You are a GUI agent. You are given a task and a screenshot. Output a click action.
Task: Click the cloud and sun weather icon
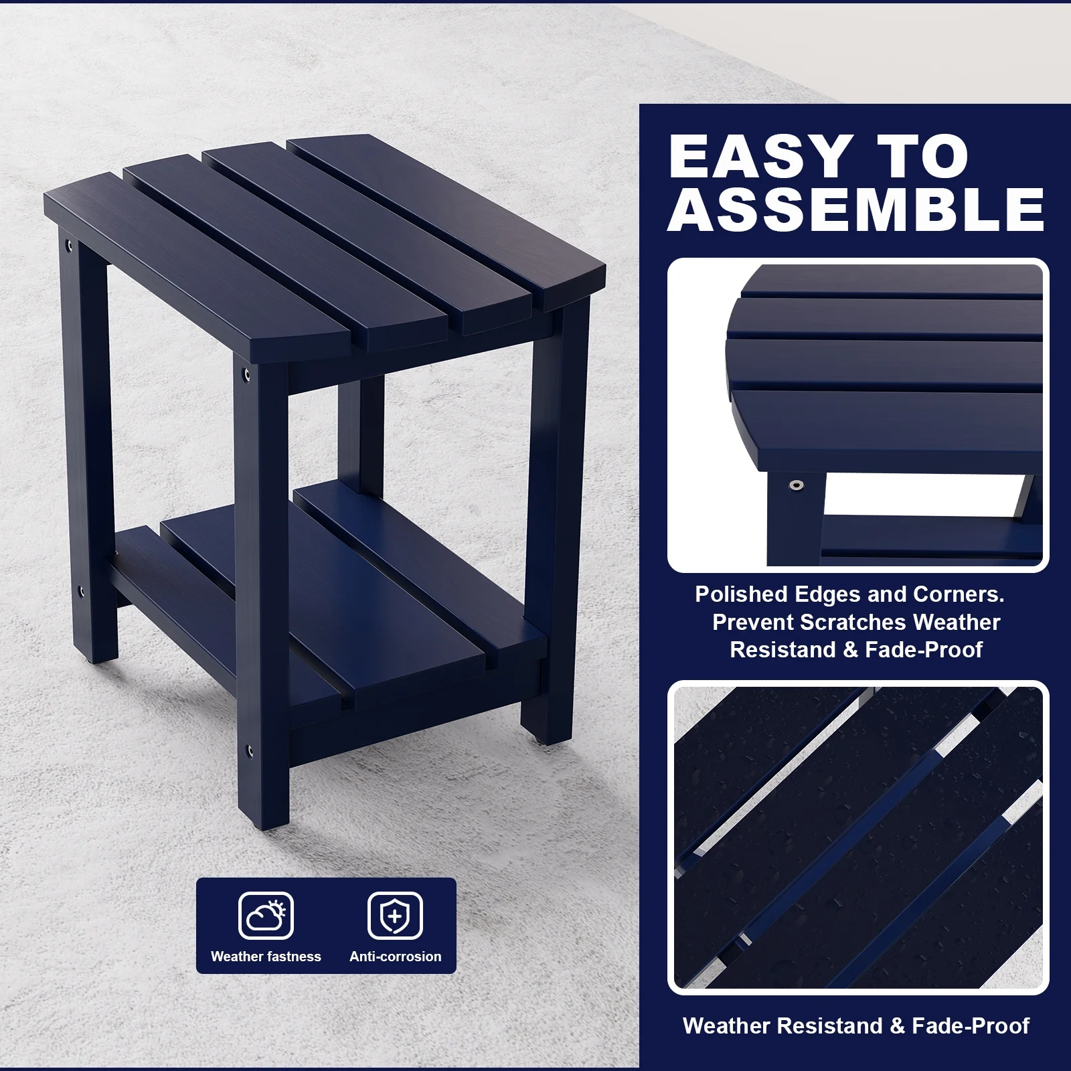point(266,916)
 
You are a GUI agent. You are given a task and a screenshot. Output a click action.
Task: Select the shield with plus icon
point(395,916)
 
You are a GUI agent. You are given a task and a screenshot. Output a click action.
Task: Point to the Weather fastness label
point(266,957)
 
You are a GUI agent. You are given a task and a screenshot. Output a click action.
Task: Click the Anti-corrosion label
point(395,957)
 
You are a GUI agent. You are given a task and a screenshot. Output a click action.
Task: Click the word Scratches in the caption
point(853,623)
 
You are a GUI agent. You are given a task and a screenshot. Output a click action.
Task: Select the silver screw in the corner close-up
point(795,485)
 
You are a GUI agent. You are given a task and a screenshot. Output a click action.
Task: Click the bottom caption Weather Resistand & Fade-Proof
point(856,1025)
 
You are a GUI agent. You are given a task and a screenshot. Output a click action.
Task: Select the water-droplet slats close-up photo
point(858,837)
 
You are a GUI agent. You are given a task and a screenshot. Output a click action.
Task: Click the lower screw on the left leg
point(81,592)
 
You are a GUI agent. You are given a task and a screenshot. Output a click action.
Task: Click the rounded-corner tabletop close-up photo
point(858,415)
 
